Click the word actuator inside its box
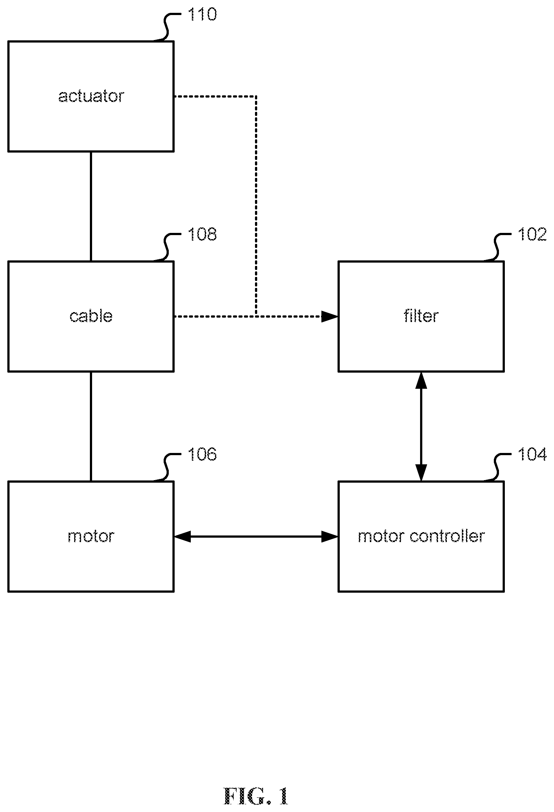click(x=91, y=96)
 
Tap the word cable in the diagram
click(x=91, y=316)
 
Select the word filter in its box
click(x=421, y=316)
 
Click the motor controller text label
click(x=421, y=536)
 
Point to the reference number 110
click(x=202, y=14)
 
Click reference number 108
click(x=202, y=234)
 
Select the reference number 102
click(x=532, y=234)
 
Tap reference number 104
click(x=532, y=454)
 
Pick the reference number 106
click(x=202, y=454)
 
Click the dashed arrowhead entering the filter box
click(x=329, y=316)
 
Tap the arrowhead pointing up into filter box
click(x=421, y=380)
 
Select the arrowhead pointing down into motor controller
click(x=421, y=472)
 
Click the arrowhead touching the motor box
click(x=182, y=537)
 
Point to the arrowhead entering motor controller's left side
click(x=329, y=537)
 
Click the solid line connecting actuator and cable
click(x=91, y=206)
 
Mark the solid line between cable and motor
click(x=91, y=426)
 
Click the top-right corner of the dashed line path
click(x=256, y=96)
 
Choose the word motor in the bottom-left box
click(x=91, y=536)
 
